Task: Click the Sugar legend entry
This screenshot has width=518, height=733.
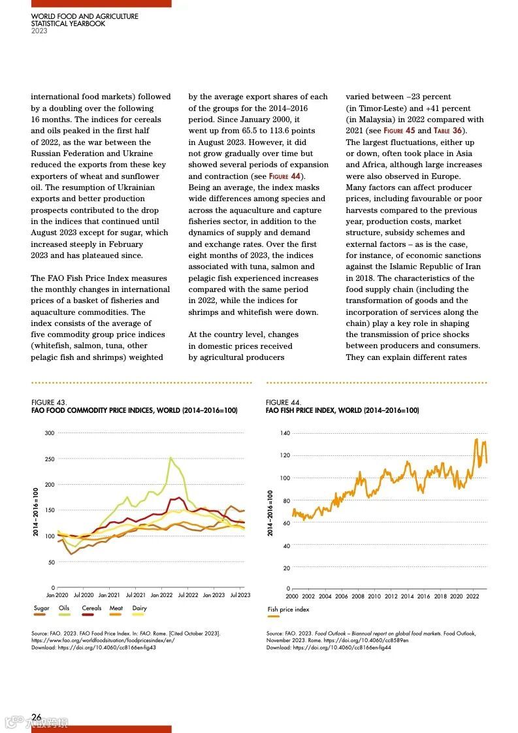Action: [41, 608]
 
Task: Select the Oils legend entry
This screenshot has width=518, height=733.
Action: [64, 608]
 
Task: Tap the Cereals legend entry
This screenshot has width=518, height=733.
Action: [91, 608]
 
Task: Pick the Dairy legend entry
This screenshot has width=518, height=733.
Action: [139, 608]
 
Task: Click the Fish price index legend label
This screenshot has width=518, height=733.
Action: [288, 610]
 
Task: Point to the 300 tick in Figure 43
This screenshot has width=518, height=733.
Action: [50, 433]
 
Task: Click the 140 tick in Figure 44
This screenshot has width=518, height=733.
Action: [285, 433]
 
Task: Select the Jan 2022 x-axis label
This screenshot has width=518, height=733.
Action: [161, 595]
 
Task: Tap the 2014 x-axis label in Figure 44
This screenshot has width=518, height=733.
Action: [407, 596]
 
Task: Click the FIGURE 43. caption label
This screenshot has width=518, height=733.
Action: [49, 402]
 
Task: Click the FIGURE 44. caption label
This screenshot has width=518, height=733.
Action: [283, 402]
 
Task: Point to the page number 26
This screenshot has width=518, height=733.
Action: [37, 717]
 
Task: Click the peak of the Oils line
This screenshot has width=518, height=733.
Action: [171, 458]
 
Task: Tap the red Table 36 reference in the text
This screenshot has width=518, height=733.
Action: [447, 131]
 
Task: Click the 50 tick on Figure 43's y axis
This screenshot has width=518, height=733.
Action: [51, 562]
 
